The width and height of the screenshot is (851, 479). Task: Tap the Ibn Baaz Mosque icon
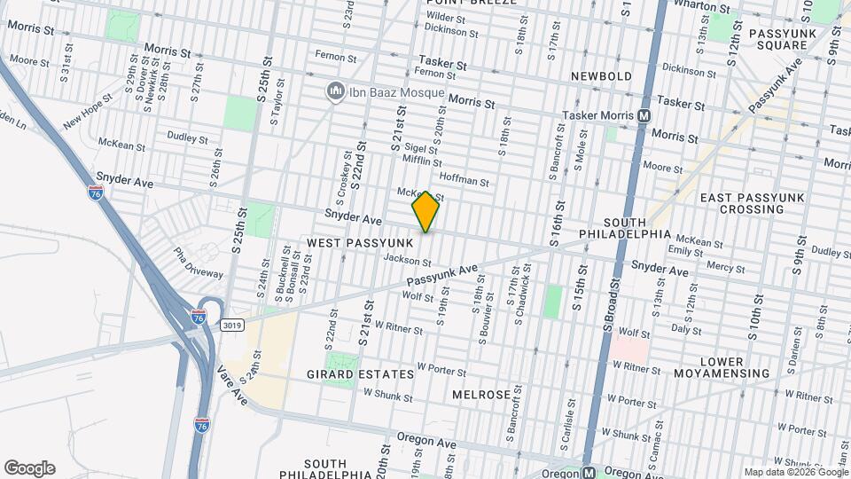click(336, 90)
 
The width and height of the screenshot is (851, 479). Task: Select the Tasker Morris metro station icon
click(644, 115)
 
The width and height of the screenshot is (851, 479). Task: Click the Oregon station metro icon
click(589, 472)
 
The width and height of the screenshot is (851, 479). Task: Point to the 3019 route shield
click(232, 325)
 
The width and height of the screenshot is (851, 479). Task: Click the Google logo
click(29, 468)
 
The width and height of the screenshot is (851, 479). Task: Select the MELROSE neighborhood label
click(481, 394)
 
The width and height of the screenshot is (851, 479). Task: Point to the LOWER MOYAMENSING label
click(735, 367)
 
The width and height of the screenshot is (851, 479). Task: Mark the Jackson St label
click(407, 261)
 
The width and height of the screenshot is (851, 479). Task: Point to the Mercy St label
click(724, 264)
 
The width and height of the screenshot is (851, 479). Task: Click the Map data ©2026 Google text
click(795, 472)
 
